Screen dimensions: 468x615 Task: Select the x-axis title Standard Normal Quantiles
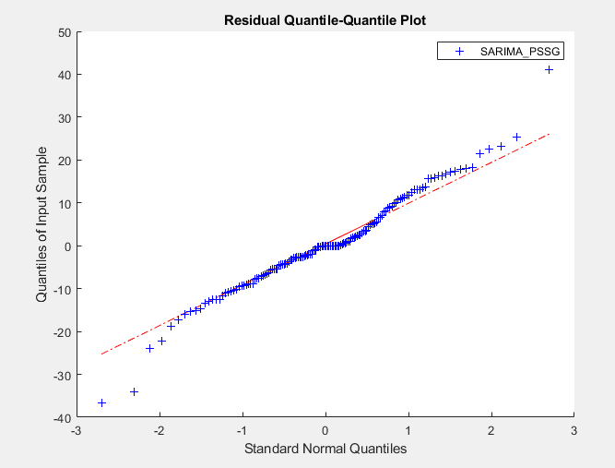325,450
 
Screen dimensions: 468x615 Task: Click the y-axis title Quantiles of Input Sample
42,224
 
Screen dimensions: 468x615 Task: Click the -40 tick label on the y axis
62,418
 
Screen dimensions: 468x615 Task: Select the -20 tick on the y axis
62,332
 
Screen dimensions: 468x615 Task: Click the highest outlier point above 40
550,69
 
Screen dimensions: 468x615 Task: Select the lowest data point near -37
101,403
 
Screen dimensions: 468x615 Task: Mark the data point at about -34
134,391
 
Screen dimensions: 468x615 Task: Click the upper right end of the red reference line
550,134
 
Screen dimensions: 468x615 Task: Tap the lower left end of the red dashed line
101,354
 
